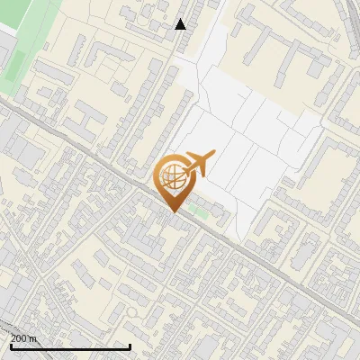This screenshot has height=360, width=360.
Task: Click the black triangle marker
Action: (x=181, y=24)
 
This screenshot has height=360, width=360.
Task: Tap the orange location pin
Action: (x=173, y=180)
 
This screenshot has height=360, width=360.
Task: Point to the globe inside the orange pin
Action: (x=172, y=175)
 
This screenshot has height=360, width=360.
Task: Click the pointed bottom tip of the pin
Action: (x=173, y=211)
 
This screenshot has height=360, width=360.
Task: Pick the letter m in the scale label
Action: (x=35, y=338)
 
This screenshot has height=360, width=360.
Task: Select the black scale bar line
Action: (x=70, y=346)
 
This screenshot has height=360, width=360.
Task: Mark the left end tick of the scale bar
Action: (x=11, y=344)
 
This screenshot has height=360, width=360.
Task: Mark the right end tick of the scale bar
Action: (x=130, y=344)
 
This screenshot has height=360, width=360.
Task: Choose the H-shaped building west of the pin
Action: (x=88, y=117)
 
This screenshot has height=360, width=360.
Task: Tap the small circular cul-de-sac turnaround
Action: (x=133, y=310)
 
